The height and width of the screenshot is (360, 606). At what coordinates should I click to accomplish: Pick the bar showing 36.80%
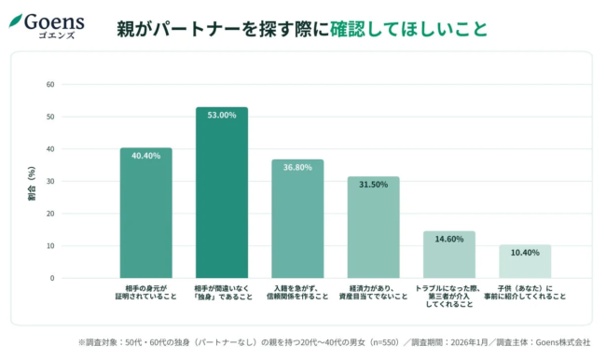297,218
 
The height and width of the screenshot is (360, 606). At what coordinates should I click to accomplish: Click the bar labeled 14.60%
448,255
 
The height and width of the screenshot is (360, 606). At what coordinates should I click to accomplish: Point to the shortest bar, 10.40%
525,261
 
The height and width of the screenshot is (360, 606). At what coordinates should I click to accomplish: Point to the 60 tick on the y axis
50,85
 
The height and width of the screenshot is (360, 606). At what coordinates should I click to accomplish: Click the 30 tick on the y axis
50,181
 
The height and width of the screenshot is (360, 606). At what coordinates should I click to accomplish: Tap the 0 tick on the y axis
52,278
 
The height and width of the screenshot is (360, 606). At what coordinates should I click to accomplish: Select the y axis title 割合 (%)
32,183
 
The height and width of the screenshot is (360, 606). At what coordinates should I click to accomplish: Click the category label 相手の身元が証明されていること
145,292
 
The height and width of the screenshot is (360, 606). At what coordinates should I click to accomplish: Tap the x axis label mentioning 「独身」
221,292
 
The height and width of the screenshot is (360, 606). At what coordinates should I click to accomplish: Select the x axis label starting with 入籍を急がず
297,292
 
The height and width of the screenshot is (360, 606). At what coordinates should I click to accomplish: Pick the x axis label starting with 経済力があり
373,292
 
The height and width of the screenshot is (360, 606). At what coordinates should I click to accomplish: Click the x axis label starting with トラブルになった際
448,296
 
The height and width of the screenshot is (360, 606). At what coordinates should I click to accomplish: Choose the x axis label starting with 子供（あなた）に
525,292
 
